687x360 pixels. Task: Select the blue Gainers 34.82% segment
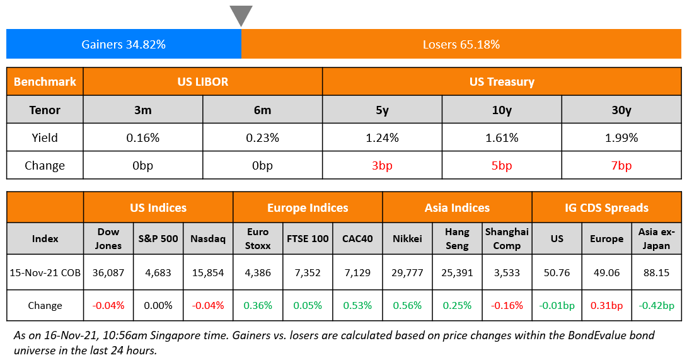tap(124, 45)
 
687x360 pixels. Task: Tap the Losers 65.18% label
tap(461, 45)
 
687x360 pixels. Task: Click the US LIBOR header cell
tap(202, 82)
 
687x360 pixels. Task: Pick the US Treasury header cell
tap(501, 82)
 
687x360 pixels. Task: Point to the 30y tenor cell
tap(621, 110)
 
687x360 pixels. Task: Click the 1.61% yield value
tap(501, 137)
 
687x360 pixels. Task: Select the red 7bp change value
tap(621, 166)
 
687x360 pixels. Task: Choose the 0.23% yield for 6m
tap(262, 137)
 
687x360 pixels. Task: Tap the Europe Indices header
tap(308, 207)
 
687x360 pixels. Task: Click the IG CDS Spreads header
tap(606, 207)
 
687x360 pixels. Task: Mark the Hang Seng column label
tap(457, 239)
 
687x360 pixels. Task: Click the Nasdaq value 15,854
tap(208, 272)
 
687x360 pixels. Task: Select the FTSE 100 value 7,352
tap(307, 272)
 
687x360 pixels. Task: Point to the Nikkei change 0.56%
tap(407, 305)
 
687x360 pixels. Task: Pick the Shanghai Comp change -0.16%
tap(507, 305)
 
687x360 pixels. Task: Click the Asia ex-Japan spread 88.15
tap(656, 272)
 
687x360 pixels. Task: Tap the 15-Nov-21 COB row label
tap(45, 272)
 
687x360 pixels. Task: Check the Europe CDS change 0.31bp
tap(606, 305)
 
